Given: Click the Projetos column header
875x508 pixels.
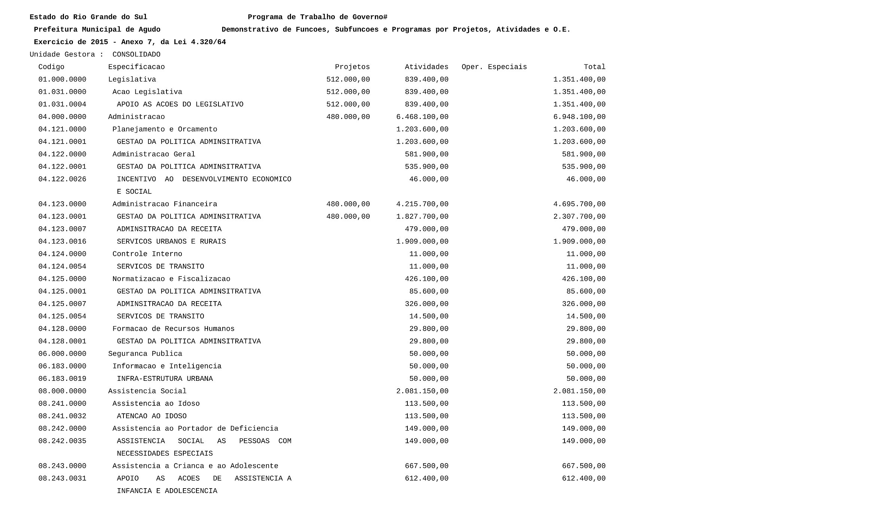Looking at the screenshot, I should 352,67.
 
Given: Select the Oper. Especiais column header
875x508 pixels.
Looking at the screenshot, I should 494,67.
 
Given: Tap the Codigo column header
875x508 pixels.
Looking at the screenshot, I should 51,67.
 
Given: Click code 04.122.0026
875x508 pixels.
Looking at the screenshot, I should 62,179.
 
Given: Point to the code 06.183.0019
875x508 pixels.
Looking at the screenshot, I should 62,379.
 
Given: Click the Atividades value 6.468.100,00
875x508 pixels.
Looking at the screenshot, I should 422,117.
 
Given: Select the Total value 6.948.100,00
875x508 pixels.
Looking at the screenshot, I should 579,117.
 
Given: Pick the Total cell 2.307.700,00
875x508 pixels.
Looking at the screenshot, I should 579,217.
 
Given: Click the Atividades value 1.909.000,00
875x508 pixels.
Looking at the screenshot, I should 422,242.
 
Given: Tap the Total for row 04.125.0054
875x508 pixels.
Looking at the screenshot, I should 585,316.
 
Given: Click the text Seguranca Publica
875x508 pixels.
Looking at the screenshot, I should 145,354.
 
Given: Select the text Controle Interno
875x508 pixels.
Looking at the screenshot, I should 147,254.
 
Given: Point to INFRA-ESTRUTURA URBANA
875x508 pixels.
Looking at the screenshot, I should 165,379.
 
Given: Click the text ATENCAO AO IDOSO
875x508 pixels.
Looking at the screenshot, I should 152,416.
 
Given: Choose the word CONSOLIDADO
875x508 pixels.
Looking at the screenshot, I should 136,55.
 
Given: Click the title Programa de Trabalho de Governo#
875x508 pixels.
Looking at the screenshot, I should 317,17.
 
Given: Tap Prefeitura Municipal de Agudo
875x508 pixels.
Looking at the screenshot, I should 97,30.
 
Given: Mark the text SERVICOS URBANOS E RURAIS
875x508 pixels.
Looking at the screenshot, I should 171,242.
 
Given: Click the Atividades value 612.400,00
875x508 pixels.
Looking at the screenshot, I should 426,478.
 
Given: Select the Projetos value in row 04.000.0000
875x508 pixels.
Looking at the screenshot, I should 348,117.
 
